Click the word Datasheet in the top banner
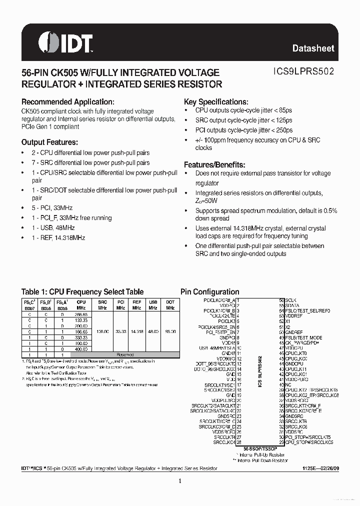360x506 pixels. (x=313, y=48)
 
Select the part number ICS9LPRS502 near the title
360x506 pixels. (x=298, y=72)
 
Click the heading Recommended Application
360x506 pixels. (x=71, y=101)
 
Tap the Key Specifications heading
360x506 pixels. (x=216, y=101)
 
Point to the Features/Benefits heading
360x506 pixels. (x=214, y=164)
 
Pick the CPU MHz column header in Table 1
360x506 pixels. (x=81, y=305)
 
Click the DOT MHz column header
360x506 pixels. (x=170, y=305)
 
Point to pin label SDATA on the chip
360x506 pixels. (x=292, y=305)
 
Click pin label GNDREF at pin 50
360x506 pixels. (x=294, y=332)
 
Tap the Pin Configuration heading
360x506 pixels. (x=209, y=292)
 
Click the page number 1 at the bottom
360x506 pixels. (x=179, y=481)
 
